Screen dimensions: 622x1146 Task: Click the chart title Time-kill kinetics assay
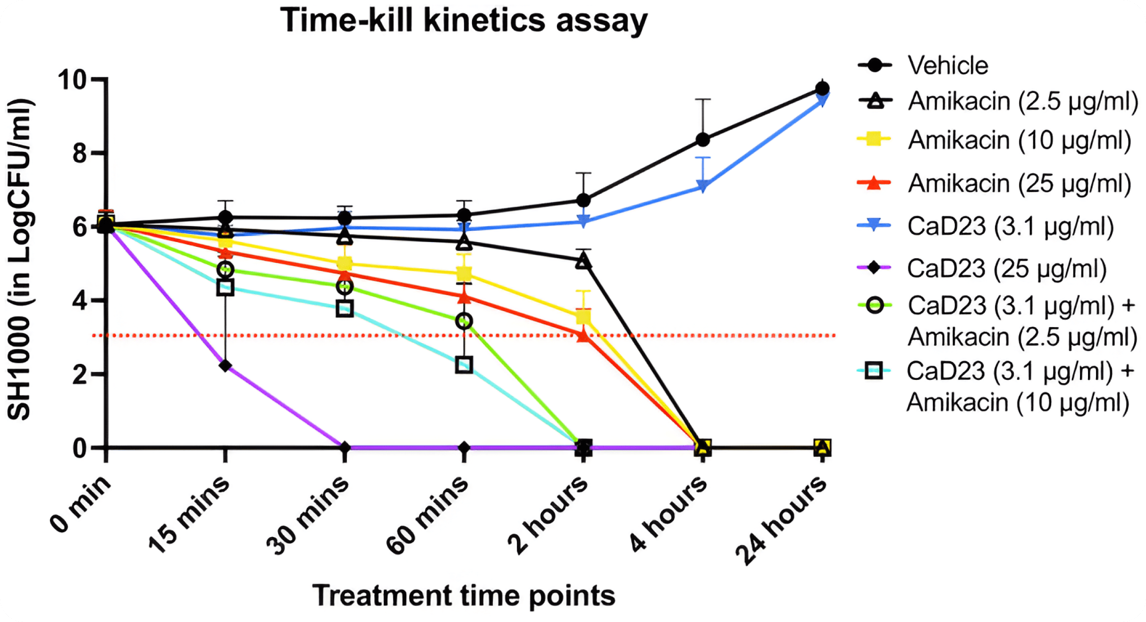pos(464,21)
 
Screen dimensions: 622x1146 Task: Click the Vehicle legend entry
pos(947,65)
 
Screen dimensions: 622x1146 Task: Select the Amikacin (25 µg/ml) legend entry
pos(1020,183)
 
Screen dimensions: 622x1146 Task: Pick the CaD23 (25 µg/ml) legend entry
pos(1007,269)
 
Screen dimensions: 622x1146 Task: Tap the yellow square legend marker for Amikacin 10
pos(874,139)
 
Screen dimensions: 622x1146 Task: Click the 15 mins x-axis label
pos(189,514)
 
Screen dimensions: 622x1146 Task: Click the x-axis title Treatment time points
pos(464,595)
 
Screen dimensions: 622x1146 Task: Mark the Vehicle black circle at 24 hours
pos(822,88)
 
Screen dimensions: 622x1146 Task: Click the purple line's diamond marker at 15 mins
pos(226,366)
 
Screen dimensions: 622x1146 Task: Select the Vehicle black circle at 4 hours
pos(703,140)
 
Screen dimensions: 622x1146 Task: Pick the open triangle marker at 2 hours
pos(583,261)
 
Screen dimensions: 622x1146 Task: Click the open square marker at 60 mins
pos(464,365)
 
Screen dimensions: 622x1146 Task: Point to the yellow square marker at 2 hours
pos(583,317)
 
